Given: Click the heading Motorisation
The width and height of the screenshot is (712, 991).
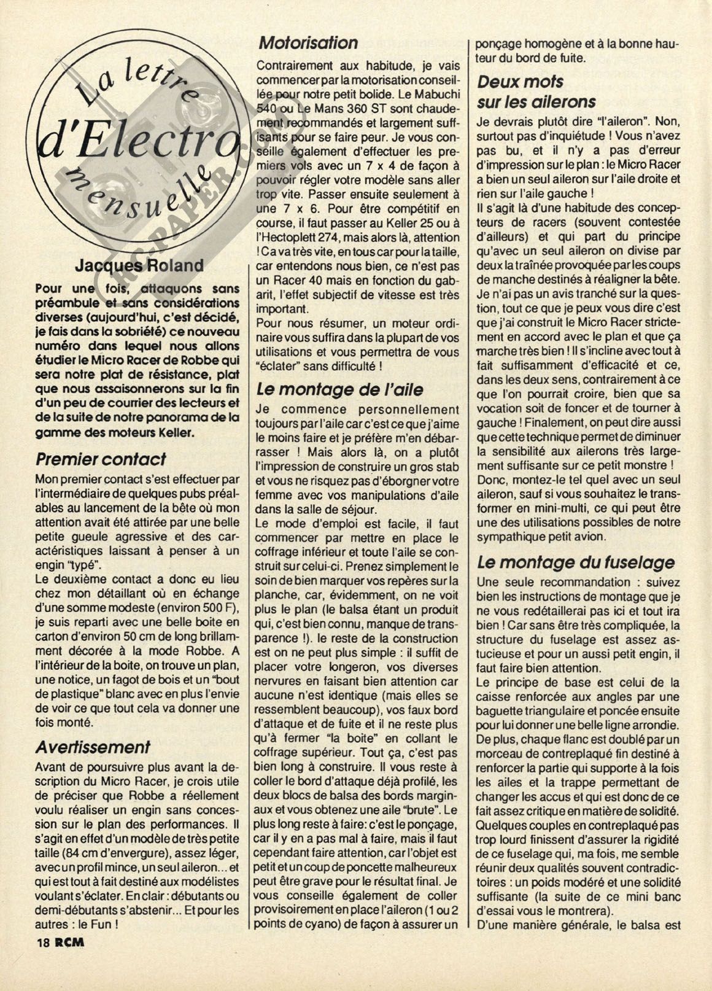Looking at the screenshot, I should point(308,43).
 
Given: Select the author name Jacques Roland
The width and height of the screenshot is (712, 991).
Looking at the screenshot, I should point(139,266).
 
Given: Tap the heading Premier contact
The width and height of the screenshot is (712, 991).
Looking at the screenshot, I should point(101,459).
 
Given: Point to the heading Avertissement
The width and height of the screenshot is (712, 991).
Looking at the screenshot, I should point(93,747).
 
